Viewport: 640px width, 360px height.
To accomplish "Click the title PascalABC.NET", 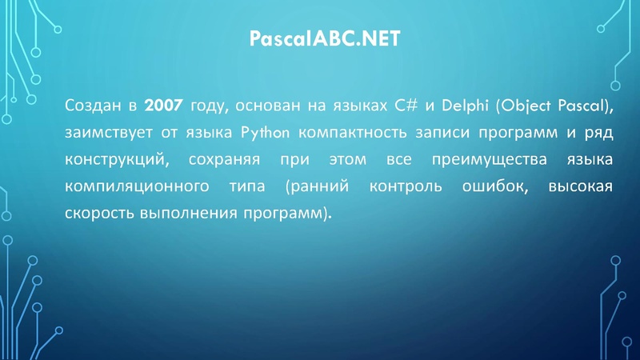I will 320,39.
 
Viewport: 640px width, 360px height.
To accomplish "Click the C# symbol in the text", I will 406,104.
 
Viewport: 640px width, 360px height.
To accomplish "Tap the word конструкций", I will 116,159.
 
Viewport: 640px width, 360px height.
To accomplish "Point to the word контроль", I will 409,187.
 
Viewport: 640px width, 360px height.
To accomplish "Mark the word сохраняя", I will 224,159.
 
